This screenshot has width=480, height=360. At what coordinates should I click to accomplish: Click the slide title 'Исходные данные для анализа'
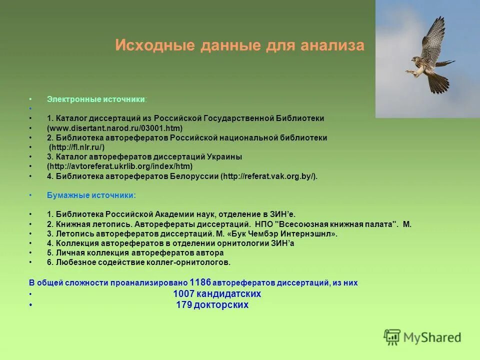click(239, 45)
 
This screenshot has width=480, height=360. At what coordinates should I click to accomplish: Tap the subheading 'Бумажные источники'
click(90, 195)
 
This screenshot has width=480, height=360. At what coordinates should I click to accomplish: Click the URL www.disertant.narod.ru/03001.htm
click(115, 128)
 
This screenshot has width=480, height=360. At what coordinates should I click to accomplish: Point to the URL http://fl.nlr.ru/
click(76, 147)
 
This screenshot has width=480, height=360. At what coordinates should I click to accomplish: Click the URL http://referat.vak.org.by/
click(268, 176)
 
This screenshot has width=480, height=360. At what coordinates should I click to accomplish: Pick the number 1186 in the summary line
click(200, 282)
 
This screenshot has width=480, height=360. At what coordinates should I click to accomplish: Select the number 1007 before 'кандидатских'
click(183, 294)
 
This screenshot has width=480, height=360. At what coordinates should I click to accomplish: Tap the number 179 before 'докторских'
click(184, 305)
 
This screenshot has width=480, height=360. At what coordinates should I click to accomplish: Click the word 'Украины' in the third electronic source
click(223, 156)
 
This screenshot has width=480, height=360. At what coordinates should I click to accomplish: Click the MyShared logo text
click(432, 337)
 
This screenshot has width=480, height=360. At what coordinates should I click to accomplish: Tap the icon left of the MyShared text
click(392, 337)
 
